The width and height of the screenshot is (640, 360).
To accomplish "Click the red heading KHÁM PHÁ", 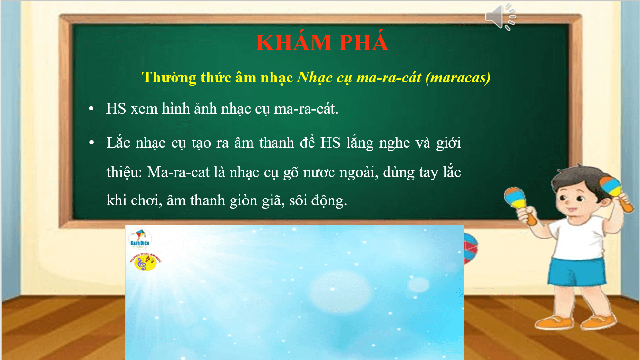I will coord(322,43).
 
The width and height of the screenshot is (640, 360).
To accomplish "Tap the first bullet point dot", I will coord(91,109).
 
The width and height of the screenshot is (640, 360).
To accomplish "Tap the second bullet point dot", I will coord(91,144).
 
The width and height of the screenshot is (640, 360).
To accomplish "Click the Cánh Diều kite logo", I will coord(139,239).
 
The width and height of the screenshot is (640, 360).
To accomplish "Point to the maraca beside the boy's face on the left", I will coord(518,202).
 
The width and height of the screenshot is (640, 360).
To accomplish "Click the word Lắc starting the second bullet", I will coord(117,143).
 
